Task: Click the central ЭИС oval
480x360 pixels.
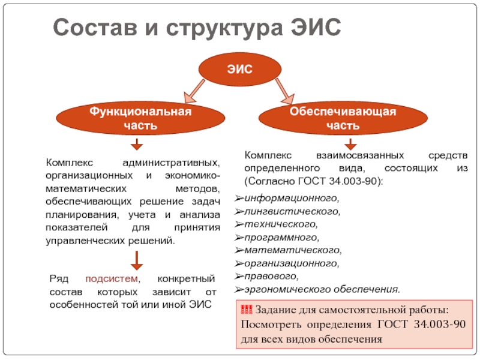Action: (x=239, y=71)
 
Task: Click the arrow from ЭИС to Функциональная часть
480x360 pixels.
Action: (x=194, y=91)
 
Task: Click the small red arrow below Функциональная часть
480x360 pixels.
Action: (x=137, y=144)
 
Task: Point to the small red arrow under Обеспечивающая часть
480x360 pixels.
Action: (x=350, y=144)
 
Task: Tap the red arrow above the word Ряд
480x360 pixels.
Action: (x=137, y=260)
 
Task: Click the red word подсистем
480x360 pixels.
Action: (x=112, y=280)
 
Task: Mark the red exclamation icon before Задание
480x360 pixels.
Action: (x=246, y=310)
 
